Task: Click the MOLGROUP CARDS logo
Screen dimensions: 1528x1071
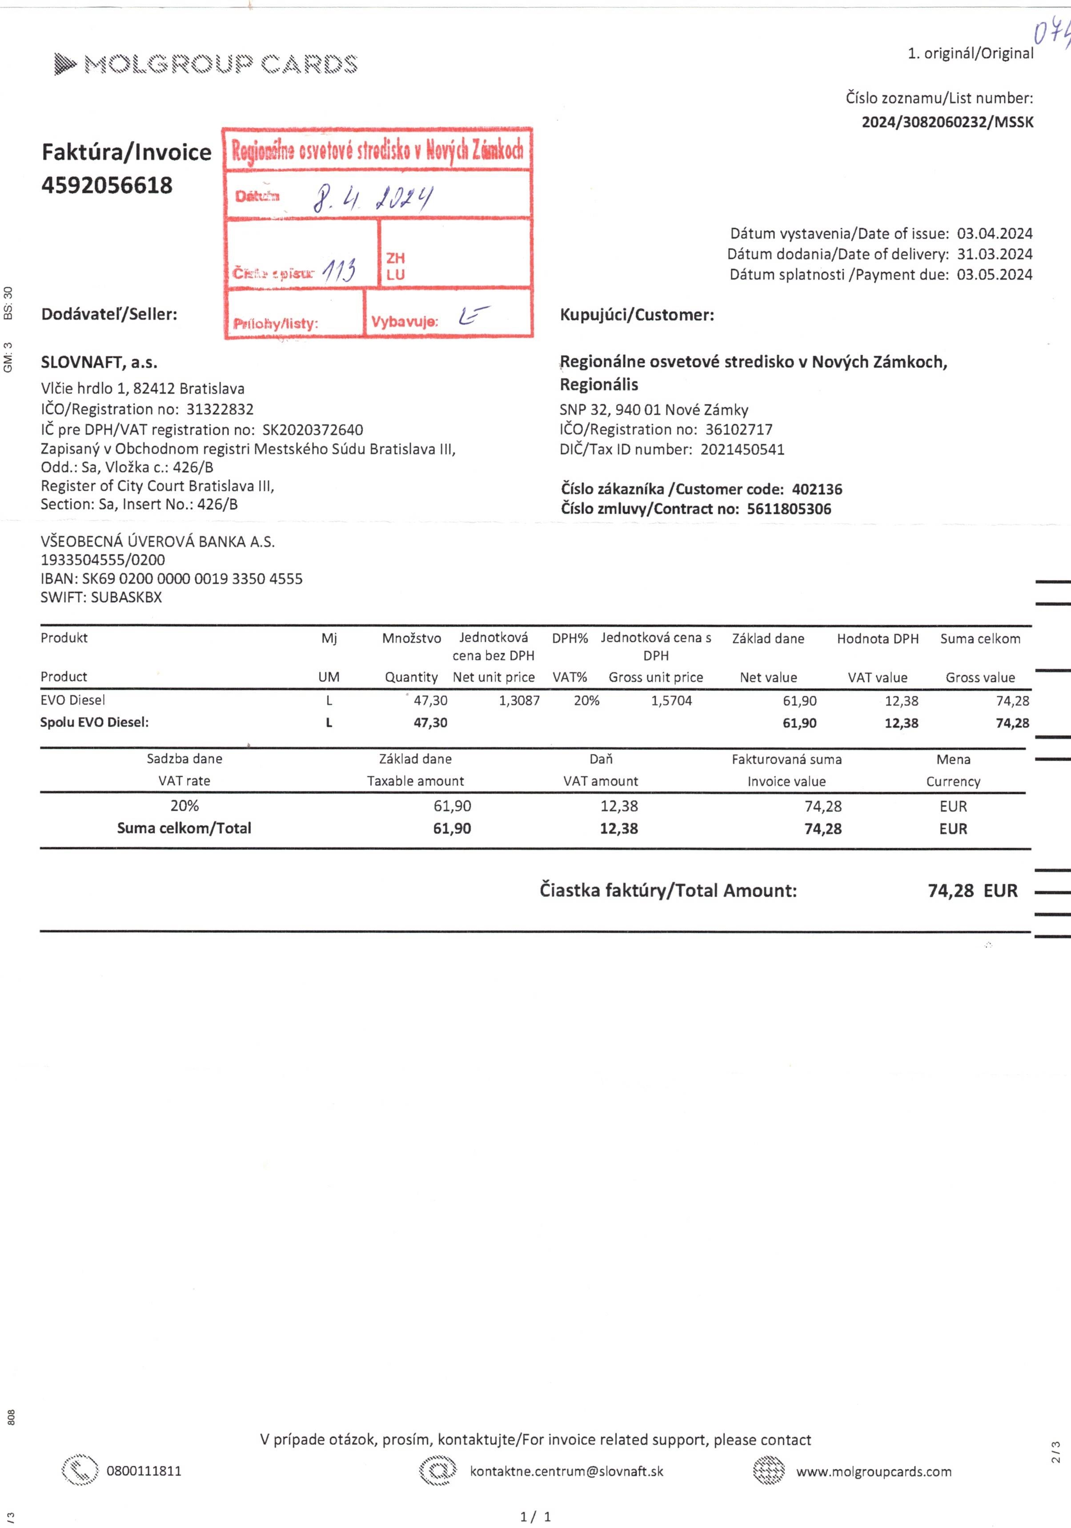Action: pyautogui.click(x=206, y=64)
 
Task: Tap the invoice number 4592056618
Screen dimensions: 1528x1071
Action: pyautogui.click(x=107, y=185)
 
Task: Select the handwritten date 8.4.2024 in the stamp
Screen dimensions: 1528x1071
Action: pyautogui.click(x=373, y=198)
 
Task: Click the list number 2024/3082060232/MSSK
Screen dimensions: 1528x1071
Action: pyautogui.click(x=947, y=122)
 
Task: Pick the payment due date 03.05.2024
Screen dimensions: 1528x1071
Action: pyautogui.click(x=995, y=275)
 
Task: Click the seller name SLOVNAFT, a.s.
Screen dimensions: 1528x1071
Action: pyautogui.click(x=99, y=363)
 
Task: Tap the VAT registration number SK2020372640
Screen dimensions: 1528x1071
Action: pyautogui.click(x=313, y=430)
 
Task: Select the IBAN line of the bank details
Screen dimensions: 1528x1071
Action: pyautogui.click(x=172, y=579)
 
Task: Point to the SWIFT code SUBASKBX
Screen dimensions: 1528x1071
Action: pyautogui.click(x=126, y=597)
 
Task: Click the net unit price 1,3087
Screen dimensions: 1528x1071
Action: pyautogui.click(x=519, y=701)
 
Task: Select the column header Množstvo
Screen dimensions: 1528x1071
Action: pyautogui.click(x=411, y=639)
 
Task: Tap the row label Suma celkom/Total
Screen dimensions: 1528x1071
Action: pyautogui.click(x=185, y=829)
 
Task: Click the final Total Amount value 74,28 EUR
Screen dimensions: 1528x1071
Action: pyautogui.click(x=972, y=891)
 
